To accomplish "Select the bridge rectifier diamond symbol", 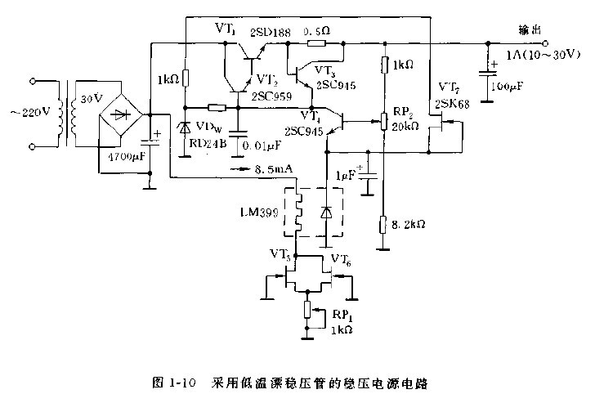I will click(x=122, y=115).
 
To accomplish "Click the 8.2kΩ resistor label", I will click(x=408, y=222).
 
